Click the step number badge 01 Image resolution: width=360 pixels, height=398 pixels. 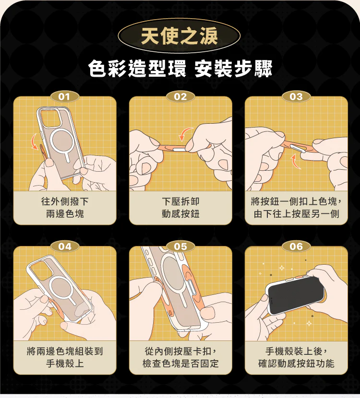pos(64,97)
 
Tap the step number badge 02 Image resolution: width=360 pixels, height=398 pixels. pos(180,97)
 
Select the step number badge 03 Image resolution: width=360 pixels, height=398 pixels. pos(296,97)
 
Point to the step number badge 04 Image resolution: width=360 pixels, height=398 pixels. pos(64,246)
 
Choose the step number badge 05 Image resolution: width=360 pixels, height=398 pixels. pos(180,246)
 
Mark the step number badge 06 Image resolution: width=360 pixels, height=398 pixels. pos(296,246)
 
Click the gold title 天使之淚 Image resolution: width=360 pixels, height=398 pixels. pos(180,36)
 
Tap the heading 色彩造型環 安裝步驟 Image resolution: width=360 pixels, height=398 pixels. pos(180,69)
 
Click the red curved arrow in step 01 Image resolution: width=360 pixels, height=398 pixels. pos(33,141)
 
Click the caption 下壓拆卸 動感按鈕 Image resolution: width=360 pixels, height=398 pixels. pos(180,208)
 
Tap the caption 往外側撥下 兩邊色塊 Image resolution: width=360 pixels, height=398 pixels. pos(65,208)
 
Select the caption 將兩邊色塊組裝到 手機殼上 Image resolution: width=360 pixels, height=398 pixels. pos(65,357)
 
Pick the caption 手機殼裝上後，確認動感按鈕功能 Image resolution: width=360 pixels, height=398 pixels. pos(296,357)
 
